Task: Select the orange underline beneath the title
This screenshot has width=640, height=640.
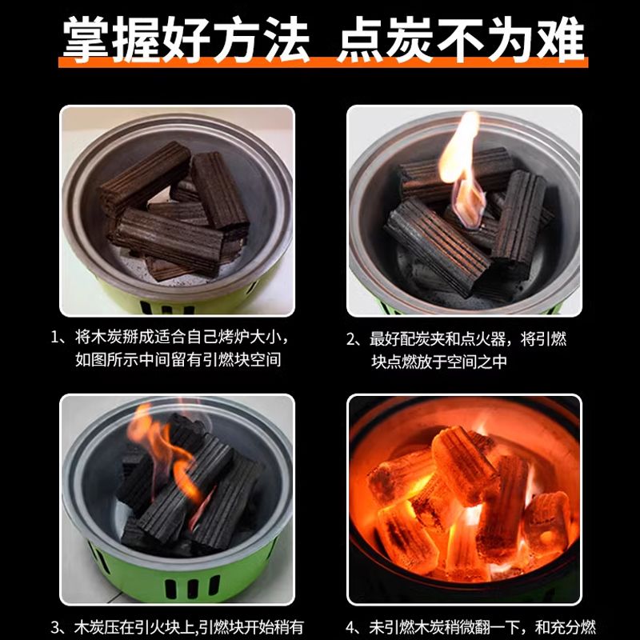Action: (323, 62)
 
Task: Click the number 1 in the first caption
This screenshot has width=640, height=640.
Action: (54, 338)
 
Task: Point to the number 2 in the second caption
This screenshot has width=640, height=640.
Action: (351, 339)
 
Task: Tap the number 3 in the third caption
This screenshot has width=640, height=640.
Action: (55, 627)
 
